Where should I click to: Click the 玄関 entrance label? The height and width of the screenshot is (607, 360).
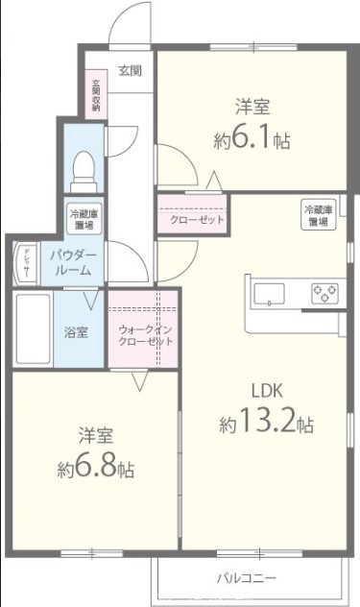click(131, 70)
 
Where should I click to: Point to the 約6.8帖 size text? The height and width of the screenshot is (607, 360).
click(95, 469)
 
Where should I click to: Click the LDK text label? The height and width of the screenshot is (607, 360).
click(265, 392)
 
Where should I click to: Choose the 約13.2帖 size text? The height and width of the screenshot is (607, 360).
click(266, 423)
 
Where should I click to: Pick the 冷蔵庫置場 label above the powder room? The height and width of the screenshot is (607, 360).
click(81, 220)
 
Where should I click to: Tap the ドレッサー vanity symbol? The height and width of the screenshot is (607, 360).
click(24, 264)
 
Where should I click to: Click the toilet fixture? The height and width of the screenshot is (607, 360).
click(83, 169)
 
